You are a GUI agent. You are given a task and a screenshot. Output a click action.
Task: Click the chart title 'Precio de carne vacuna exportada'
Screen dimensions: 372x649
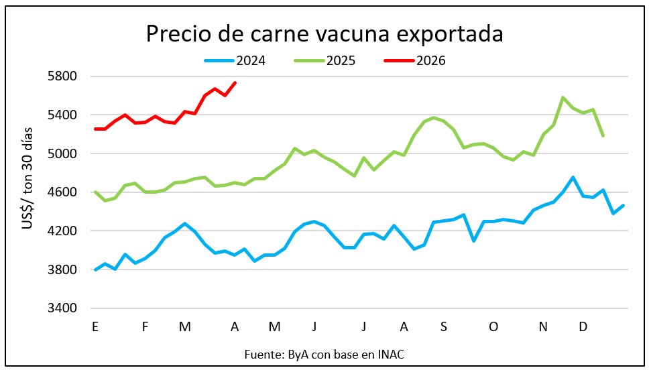pos(324,34)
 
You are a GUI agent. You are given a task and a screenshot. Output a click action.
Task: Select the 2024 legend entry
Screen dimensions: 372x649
pos(235,61)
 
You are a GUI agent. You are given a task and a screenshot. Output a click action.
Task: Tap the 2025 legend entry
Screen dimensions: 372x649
pos(325,61)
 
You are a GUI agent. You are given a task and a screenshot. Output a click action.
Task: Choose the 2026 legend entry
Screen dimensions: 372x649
pos(415,61)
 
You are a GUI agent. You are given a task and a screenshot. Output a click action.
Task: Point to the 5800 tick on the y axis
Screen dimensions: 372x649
pos(65,76)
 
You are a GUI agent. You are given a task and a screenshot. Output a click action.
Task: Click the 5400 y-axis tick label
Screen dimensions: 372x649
pos(65,115)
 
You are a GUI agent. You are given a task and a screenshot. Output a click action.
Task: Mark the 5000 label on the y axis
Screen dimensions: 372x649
pos(65,154)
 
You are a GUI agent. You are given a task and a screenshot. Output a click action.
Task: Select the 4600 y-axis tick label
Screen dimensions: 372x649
pos(65,193)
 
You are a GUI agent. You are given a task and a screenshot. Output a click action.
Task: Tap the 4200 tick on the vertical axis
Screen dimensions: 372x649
pos(65,232)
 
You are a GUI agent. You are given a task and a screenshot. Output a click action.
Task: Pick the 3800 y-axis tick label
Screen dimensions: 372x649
pos(65,271)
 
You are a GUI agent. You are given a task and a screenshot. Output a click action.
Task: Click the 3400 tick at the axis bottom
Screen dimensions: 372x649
pos(65,309)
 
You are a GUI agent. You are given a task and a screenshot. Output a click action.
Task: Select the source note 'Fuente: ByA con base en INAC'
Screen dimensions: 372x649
pos(324,353)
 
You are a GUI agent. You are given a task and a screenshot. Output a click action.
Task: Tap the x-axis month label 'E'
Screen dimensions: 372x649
pos(95,327)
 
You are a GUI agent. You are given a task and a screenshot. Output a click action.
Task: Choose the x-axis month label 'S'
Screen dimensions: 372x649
pos(444,327)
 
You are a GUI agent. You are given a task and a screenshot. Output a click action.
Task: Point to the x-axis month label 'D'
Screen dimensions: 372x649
pos(583,327)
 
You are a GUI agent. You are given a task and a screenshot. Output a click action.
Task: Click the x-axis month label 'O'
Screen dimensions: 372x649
pos(493,327)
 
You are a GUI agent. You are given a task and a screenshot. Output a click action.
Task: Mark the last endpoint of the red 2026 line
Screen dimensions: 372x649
pos(235,82)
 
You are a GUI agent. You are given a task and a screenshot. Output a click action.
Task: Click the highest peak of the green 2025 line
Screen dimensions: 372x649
pos(563,98)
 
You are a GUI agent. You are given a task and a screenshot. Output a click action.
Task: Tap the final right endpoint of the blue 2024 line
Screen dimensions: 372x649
pos(624,205)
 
